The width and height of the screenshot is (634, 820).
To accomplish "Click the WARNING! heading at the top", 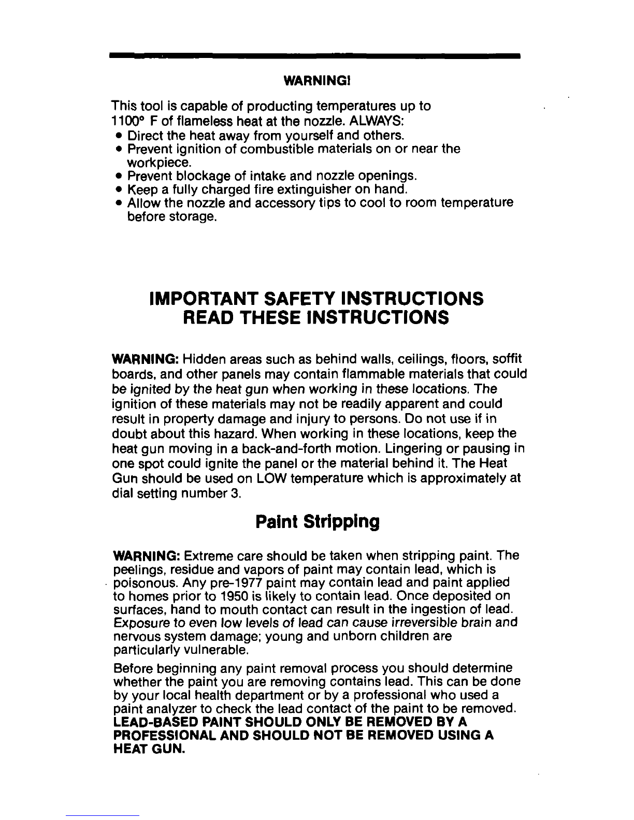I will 317,81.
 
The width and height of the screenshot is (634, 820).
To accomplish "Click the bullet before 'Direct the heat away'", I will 120,136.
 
